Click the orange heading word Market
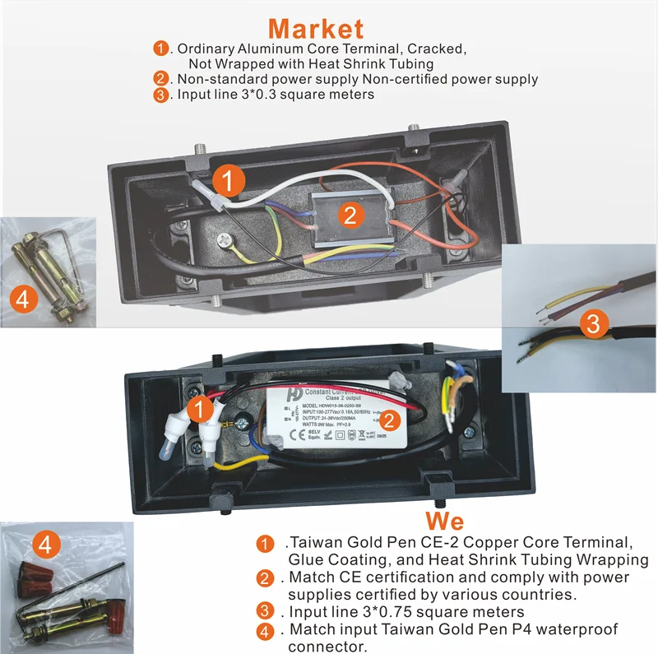tap(315, 29)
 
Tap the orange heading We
tap(444, 521)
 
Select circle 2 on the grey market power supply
tap(350, 216)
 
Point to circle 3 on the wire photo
tap(591, 323)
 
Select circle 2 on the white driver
tap(392, 420)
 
